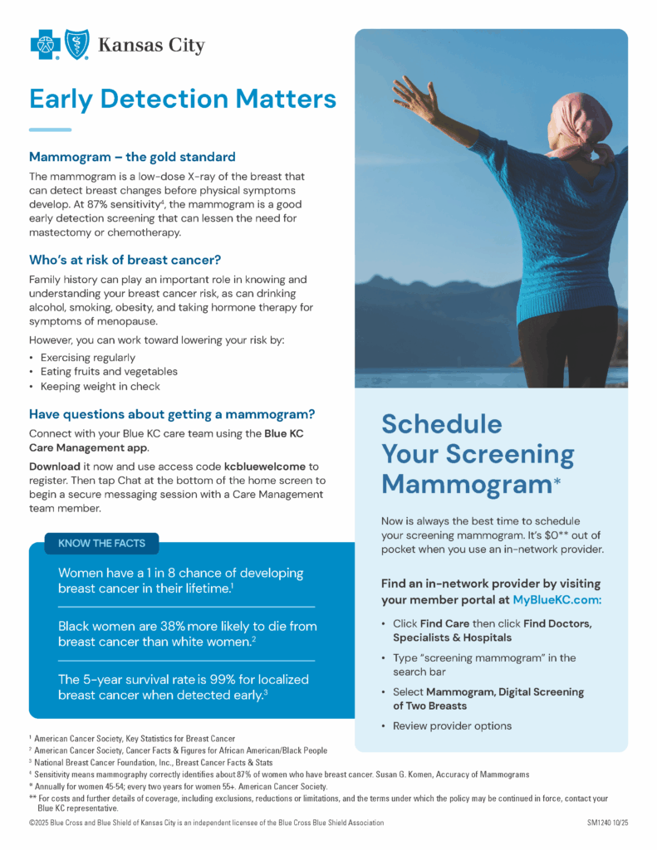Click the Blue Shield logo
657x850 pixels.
(77, 44)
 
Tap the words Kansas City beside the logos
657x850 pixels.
(151, 45)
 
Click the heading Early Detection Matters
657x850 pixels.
(183, 99)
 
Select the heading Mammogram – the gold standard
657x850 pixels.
(132, 157)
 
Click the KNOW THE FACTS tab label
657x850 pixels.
(101, 544)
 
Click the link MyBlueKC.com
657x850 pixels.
(556, 599)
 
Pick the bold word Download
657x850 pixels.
(56, 467)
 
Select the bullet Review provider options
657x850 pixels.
(452, 725)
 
